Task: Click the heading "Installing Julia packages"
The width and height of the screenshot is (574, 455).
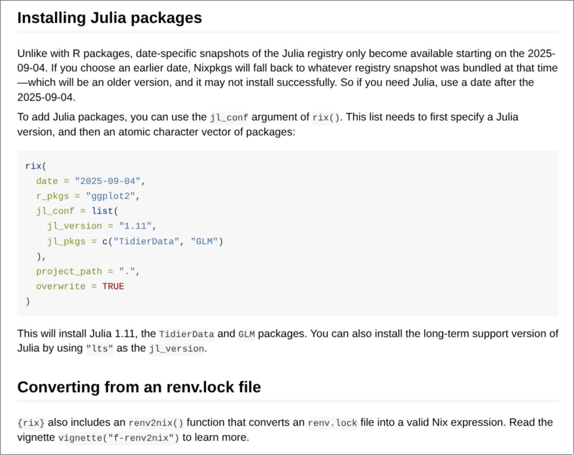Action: pyautogui.click(x=109, y=18)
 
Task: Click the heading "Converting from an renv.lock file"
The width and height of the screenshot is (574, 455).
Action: pyautogui.click(x=139, y=387)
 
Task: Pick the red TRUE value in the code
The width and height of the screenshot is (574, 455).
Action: pyautogui.click(x=113, y=286)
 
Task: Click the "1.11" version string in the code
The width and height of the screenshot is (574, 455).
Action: pyautogui.click(x=137, y=226)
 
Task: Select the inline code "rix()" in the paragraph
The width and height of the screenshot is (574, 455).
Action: pyautogui.click(x=326, y=118)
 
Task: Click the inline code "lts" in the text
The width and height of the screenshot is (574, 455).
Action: pyautogui.click(x=99, y=349)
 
